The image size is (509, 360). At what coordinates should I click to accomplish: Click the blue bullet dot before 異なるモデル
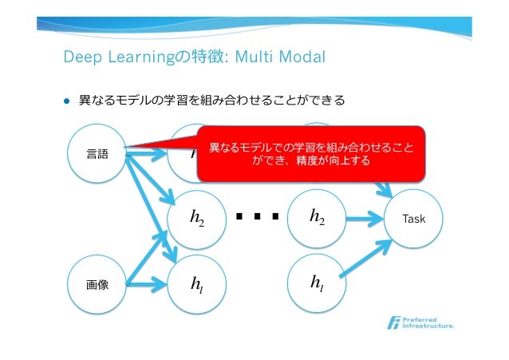67,102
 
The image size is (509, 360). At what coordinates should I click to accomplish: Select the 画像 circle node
97,282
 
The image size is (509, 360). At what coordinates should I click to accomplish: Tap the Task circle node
413,217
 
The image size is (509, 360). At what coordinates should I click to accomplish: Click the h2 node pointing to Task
317,217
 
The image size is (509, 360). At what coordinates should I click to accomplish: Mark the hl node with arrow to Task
317,282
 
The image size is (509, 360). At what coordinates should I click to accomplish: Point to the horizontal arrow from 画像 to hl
148,282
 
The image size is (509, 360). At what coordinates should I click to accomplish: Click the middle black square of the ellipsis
257,216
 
